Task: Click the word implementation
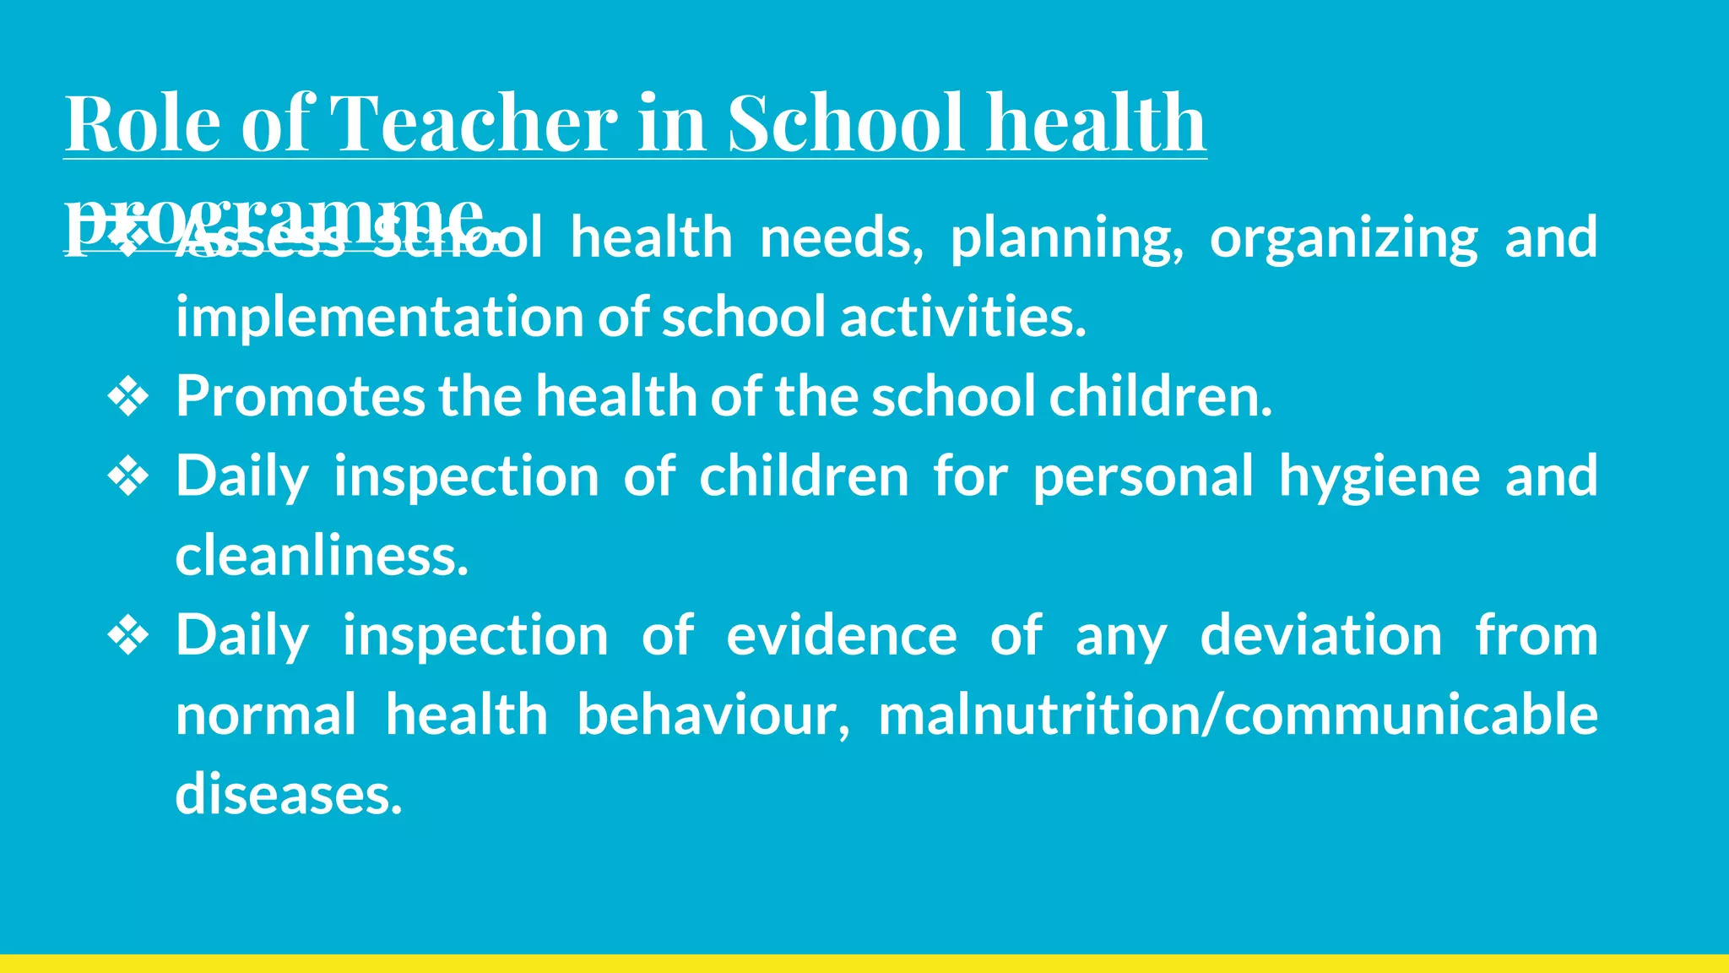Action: coord(379,318)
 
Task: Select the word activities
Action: coord(962,318)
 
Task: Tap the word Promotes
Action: coord(300,396)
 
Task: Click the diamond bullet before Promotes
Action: coord(128,397)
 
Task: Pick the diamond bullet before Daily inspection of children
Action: coord(128,476)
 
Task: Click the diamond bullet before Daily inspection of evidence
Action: coord(128,635)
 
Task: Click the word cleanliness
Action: coord(322,556)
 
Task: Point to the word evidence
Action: coord(842,635)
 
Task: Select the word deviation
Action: coord(1321,635)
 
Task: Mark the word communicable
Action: coord(1411,715)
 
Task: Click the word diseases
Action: coord(289,794)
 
